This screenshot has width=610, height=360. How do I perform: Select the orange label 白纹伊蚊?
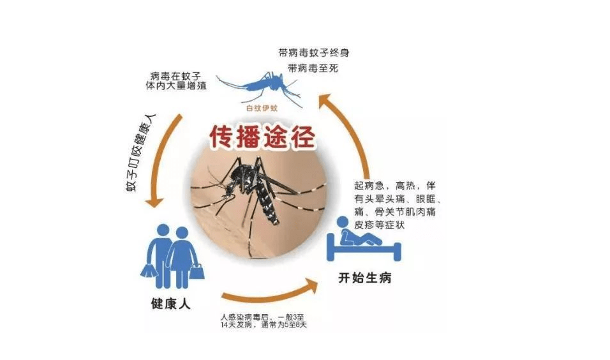(262, 109)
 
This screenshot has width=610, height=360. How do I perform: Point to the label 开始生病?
(364, 278)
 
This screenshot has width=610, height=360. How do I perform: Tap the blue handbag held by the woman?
(197, 271)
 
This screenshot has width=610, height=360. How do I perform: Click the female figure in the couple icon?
(182, 257)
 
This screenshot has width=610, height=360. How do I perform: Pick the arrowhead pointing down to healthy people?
(155, 202)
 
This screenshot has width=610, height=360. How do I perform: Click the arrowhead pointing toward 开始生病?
(311, 286)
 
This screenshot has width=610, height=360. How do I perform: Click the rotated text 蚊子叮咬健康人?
(140, 153)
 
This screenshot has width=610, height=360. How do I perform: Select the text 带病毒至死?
(313, 68)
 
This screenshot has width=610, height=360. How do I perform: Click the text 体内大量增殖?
(176, 86)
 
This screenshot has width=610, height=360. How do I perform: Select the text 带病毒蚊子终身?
(313, 52)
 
